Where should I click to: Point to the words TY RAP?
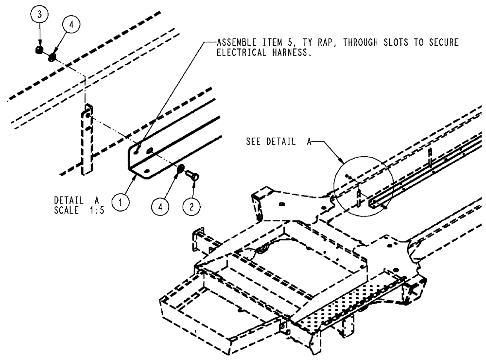355,43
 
